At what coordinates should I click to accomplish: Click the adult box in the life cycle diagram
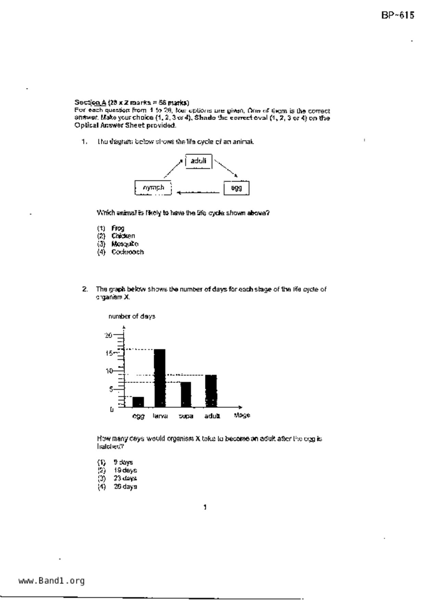pos(198,161)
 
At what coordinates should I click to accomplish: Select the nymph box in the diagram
pos(153,188)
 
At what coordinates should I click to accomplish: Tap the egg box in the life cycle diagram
pos(236,188)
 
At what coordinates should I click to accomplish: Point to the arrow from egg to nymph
pos(198,192)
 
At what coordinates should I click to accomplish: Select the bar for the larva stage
pos(159,378)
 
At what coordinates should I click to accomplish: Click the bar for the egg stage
pos(138,402)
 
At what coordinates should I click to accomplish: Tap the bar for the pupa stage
pos(186,394)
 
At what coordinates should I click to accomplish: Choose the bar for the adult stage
pos(211,391)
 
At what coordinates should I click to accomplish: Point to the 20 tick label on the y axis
pos(108,335)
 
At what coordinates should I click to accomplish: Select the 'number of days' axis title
pos(132,316)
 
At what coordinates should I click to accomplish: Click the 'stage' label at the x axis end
pos(242,415)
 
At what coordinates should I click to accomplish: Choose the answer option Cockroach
pos(127,252)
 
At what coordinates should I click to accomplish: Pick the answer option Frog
pos(118,228)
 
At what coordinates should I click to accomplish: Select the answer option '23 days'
pos(125,478)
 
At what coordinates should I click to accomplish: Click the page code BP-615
pos(398,15)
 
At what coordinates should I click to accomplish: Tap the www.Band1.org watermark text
pos(51,581)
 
